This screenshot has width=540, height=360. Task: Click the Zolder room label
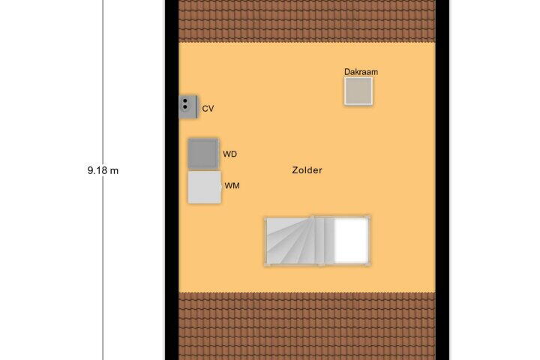tap(307, 170)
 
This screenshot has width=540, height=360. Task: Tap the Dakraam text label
tap(361, 72)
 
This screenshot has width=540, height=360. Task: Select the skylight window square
tap(358, 91)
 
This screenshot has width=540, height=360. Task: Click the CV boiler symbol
tap(188, 106)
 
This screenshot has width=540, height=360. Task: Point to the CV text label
tap(208, 109)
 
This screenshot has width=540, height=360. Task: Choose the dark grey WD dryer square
tap(203, 154)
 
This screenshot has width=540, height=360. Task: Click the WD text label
tap(229, 154)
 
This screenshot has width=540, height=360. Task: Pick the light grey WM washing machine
tap(204, 187)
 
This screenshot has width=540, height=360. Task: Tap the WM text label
tap(232, 186)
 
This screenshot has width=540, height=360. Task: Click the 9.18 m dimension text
tap(103, 170)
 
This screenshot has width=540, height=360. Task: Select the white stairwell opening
tap(351, 240)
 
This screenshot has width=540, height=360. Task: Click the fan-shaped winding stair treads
tap(291, 241)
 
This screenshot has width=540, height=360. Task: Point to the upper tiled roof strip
tap(307, 21)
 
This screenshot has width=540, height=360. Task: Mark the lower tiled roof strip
tap(307, 326)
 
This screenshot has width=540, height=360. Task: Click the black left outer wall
tap(172, 180)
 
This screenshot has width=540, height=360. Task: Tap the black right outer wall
tap(442, 180)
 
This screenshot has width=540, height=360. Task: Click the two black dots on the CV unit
tap(185, 104)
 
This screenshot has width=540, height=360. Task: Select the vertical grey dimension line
tap(103, 180)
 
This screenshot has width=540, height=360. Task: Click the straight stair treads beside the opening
tap(325, 241)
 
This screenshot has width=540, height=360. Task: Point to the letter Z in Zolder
tap(295, 170)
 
